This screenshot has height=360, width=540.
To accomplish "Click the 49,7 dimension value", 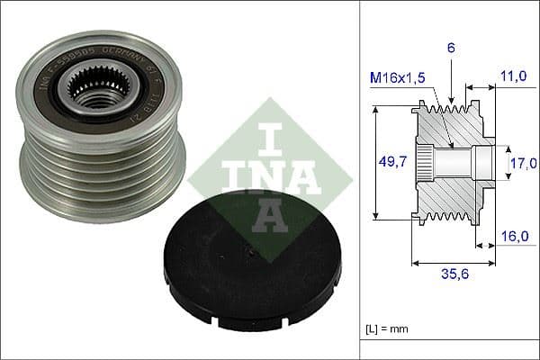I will (x=389, y=163).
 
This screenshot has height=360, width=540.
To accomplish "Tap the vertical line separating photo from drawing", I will (x=360, y=180).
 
